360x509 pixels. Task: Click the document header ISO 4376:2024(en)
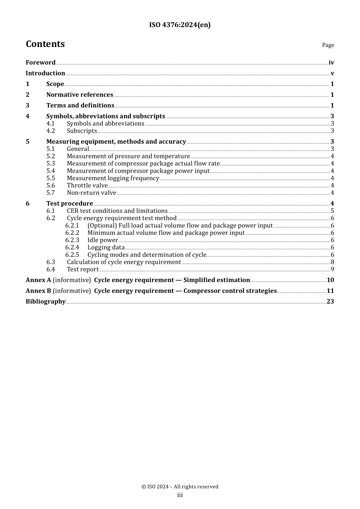click(x=180, y=25)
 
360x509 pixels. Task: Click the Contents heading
click(x=45, y=44)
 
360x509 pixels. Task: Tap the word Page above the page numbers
click(x=328, y=45)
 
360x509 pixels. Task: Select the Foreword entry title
click(x=41, y=62)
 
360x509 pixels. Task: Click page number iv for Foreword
click(x=331, y=63)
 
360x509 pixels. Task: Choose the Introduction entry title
click(x=45, y=73)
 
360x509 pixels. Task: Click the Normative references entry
click(x=80, y=95)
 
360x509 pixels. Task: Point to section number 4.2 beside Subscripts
click(x=50, y=131)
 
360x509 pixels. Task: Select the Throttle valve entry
click(x=87, y=186)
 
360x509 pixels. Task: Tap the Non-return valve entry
click(x=91, y=193)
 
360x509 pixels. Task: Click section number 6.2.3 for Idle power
click(x=72, y=240)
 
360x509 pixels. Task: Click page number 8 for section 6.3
click(x=332, y=262)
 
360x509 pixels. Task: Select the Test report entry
click(x=83, y=270)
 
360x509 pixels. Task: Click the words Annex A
click(x=38, y=280)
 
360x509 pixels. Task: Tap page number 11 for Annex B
click(x=330, y=291)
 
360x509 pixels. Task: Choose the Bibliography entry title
click(x=45, y=301)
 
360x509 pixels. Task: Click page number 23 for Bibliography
click(x=330, y=301)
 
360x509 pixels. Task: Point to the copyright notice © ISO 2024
click(x=180, y=487)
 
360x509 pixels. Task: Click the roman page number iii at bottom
click(x=180, y=495)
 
